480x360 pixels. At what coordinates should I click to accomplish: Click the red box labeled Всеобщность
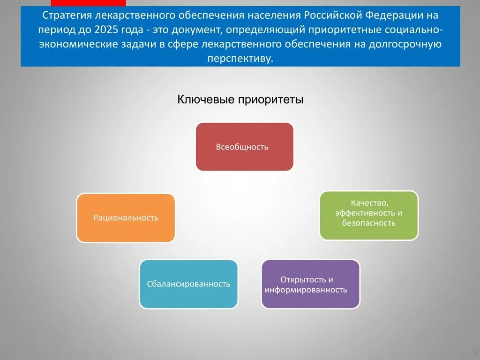(x=245, y=147)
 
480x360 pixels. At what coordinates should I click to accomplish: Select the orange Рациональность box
(x=126, y=218)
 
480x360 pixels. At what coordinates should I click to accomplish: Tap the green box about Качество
(x=369, y=216)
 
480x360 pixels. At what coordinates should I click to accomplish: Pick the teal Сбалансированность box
(x=188, y=284)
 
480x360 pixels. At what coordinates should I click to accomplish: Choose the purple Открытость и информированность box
(x=311, y=284)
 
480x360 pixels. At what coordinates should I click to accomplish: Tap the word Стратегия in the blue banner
(x=67, y=15)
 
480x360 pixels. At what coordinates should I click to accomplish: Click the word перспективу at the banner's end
(x=240, y=59)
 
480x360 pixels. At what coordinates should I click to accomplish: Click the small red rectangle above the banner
(x=89, y=3)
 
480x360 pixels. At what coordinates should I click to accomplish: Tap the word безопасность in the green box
(x=369, y=223)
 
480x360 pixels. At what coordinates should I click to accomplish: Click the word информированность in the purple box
(x=306, y=290)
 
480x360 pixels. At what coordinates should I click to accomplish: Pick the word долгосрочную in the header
(x=405, y=45)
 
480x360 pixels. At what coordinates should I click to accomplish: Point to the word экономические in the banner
(x=78, y=44)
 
